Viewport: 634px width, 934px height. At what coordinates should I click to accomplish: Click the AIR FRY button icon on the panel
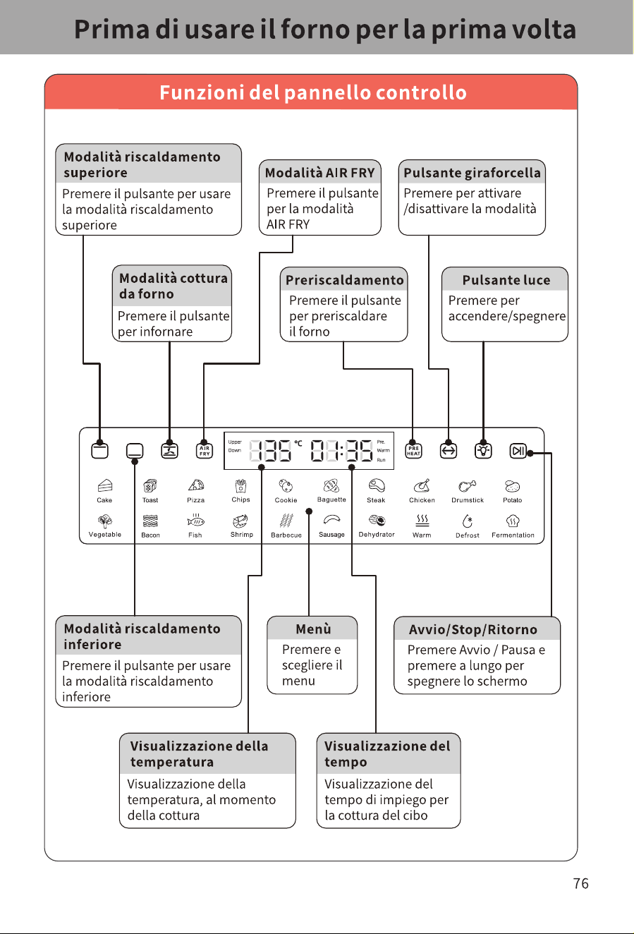click(205, 451)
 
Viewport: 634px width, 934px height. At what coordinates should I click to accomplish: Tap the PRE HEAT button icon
click(413, 451)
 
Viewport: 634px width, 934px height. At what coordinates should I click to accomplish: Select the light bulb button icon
click(483, 451)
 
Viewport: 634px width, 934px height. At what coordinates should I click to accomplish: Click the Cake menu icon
click(104, 486)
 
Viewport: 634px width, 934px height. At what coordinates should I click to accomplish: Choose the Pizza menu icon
click(196, 485)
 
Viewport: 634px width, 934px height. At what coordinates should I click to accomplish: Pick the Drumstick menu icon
click(468, 486)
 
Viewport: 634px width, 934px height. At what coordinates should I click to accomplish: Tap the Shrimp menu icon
click(240, 521)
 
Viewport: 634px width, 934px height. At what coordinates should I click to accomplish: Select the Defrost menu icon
click(468, 521)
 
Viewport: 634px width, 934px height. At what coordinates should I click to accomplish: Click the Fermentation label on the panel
click(513, 535)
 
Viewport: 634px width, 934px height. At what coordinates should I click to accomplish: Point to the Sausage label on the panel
click(331, 535)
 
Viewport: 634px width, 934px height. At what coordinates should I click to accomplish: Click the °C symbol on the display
click(298, 443)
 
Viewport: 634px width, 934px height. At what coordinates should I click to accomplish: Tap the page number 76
click(580, 883)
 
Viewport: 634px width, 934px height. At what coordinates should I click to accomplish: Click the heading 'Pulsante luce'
click(506, 280)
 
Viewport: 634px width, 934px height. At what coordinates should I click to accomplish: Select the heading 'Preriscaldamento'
click(345, 280)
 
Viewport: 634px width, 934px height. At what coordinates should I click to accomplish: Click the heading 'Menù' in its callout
click(313, 629)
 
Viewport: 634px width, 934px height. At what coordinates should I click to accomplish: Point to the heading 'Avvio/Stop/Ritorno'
click(473, 629)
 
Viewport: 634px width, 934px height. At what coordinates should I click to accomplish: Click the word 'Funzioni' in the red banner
click(202, 92)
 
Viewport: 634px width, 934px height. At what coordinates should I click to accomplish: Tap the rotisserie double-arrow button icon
click(448, 451)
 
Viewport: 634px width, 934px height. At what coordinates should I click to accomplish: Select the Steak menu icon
click(377, 486)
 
